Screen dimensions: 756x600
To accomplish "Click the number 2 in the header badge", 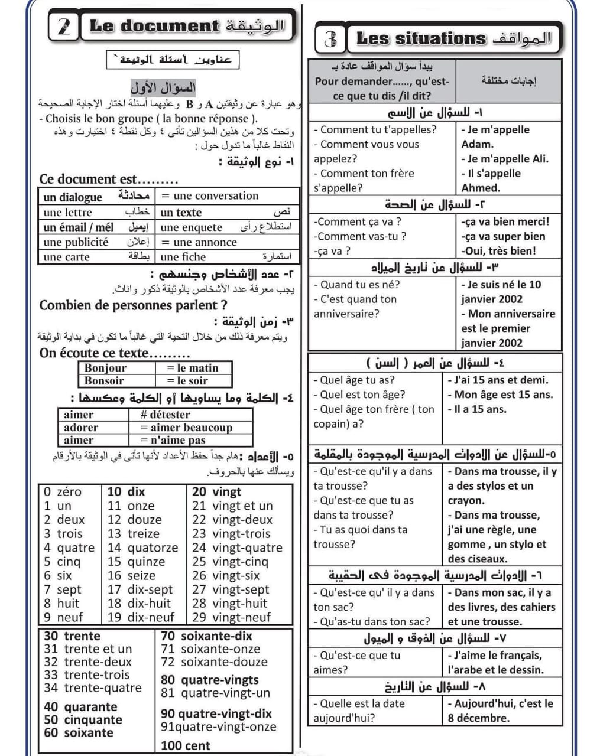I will point(64,27).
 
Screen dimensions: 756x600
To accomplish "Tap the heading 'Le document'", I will point(154,26).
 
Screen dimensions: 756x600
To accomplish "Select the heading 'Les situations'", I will point(420,39).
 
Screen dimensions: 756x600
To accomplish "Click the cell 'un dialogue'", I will point(73,197).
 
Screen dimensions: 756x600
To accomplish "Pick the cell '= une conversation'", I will point(210,195).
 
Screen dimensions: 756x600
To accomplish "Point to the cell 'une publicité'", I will point(76,242).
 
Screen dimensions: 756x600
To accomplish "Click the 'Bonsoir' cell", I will point(104,381).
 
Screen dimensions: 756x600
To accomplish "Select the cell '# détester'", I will point(166,415).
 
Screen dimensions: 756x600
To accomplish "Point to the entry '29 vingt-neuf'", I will point(231,617).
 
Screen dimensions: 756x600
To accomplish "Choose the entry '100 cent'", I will point(185,745).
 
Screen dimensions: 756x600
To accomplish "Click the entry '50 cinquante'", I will point(83,719).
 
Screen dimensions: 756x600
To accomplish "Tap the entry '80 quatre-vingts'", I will point(210,680).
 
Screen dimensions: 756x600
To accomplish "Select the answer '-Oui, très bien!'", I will point(499,250).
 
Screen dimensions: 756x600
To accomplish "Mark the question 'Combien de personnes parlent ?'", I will point(133,305).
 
